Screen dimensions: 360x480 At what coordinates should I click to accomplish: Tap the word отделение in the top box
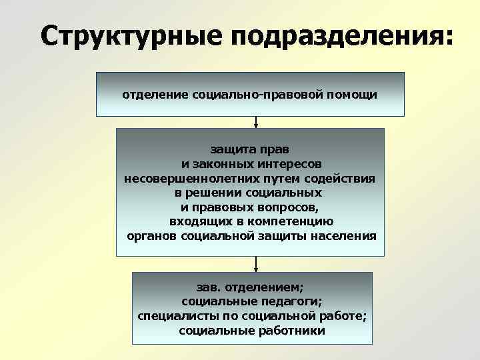[155, 95]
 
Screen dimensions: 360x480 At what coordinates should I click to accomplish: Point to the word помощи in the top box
[353, 95]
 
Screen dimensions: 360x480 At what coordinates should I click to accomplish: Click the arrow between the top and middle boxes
[256, 122]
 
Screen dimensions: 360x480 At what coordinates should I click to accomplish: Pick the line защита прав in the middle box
[250, 149]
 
